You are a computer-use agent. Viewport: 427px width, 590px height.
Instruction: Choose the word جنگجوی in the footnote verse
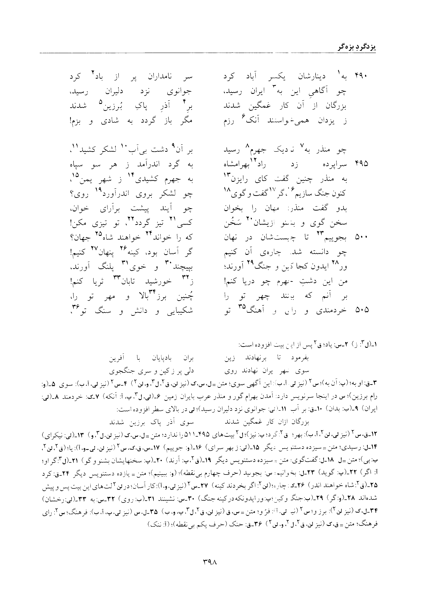coord(119,371)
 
